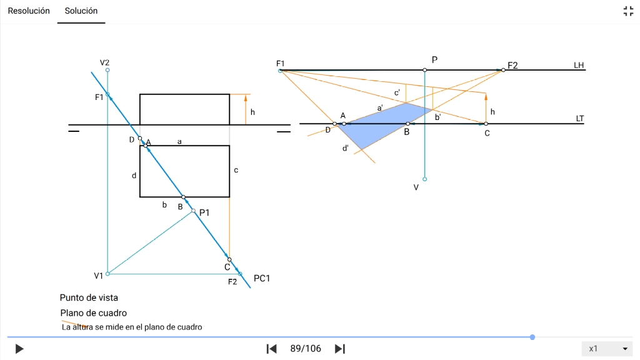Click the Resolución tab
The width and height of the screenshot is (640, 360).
29,11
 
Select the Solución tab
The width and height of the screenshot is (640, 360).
81,11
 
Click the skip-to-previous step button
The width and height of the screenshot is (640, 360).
271,349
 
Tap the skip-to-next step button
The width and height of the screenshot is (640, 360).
340,349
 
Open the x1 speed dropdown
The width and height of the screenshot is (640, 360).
607,349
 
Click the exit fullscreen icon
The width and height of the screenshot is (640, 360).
628,11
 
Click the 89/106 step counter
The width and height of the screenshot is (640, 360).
306,349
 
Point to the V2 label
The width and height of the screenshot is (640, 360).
104,62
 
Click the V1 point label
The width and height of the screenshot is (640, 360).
99,276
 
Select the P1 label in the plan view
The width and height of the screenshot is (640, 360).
204,212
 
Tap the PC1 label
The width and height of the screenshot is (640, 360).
262,278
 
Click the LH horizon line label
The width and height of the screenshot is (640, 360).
579,65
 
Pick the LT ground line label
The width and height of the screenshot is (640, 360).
579,118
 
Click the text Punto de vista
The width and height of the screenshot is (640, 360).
89,297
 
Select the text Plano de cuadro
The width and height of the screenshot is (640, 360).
94,312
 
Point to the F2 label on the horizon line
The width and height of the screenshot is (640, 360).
513,65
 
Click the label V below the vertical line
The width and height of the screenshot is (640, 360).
416,187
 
